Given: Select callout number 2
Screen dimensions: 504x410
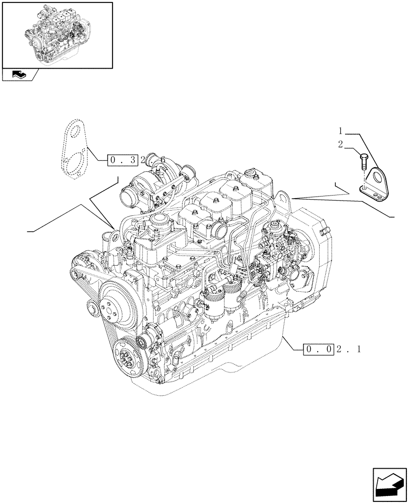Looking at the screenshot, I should tap(341, 144).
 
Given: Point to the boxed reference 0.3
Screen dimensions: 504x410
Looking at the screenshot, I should tap(123, 160).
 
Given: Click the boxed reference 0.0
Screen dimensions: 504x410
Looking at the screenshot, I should tap(318, 349).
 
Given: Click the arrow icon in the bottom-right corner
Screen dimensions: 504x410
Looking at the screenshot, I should tap(389, 485).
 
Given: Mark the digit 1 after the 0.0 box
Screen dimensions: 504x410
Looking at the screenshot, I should tap(358, 349).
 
